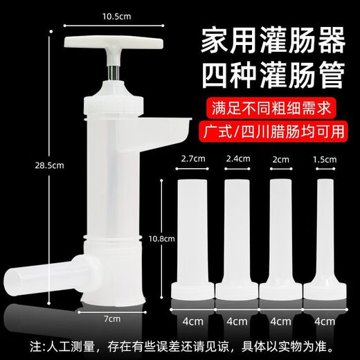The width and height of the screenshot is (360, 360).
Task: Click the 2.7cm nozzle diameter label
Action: pyautogui.click(x=191, y=159)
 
